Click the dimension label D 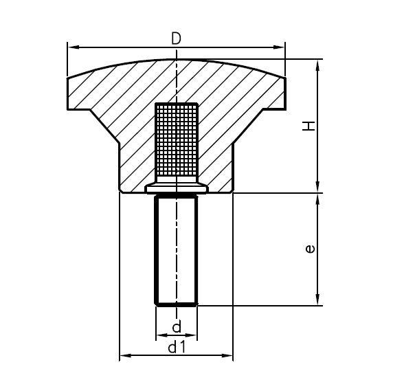[176, 38]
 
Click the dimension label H [310, 126]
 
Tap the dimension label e [311, 249]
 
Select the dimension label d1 [177, 348]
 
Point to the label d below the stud [177, 326]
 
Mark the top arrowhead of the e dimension [317, 199]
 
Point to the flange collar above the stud [177, 187]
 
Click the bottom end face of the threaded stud [177, 303]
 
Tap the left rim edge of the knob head [68, 93]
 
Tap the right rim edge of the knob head [285, 93]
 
